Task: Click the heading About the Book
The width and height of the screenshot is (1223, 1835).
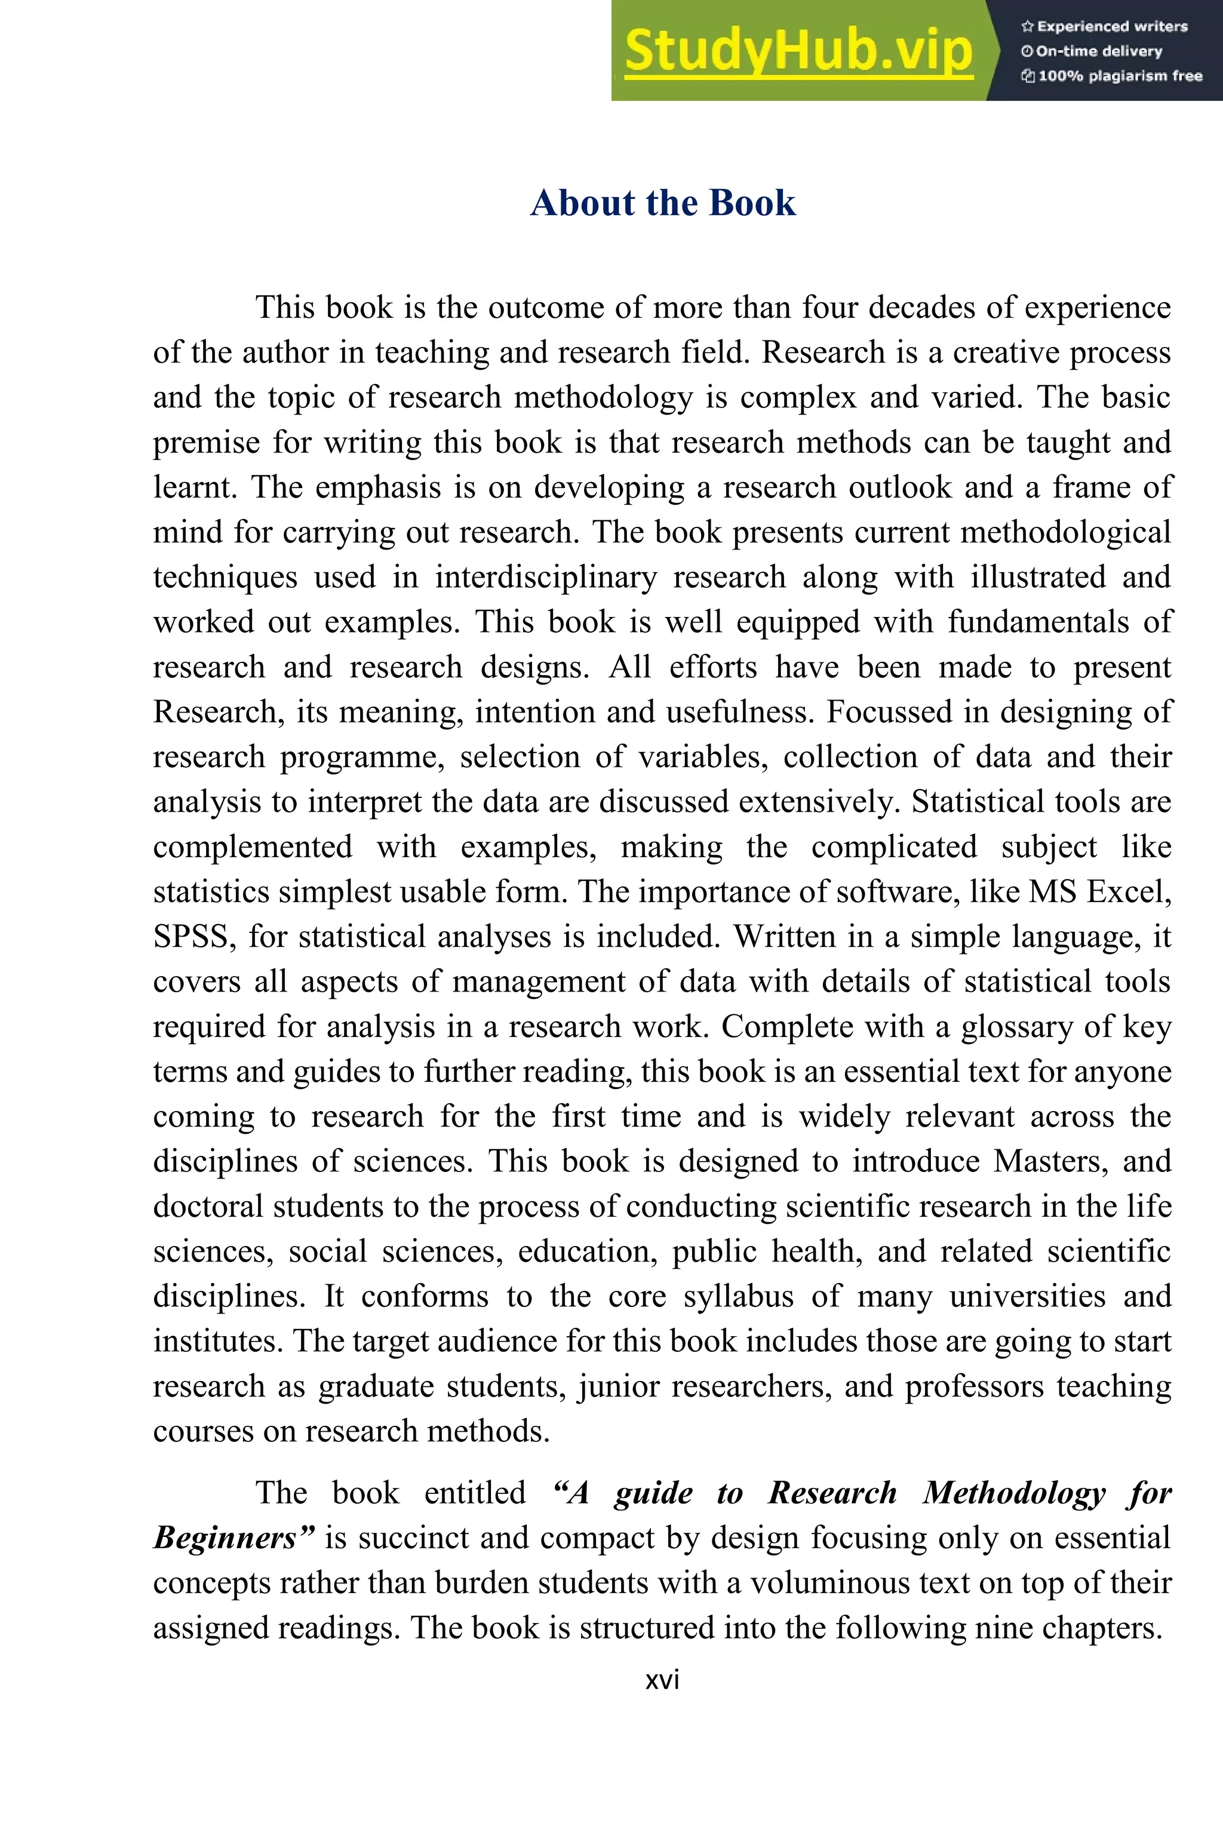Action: click(663, 203)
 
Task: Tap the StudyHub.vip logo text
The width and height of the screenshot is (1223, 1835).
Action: click(798, 51)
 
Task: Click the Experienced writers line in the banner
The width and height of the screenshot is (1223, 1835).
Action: click(1105, 26)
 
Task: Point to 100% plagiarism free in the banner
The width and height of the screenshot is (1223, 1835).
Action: click(1113, 76)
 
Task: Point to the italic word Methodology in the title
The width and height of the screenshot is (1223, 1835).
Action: click(1014, 1493)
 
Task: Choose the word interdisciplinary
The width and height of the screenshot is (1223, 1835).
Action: click(545, 578)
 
